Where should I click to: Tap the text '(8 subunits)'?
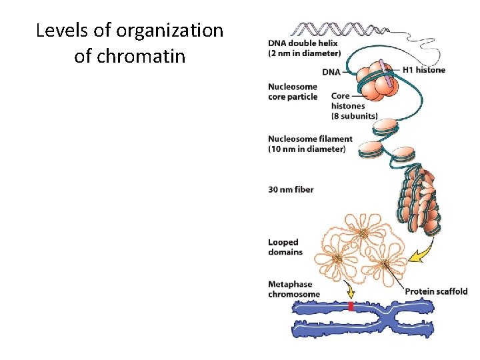[x=355, y=116]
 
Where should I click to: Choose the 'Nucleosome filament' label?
[x=310, y=139]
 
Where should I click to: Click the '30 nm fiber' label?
[x=291, y=189]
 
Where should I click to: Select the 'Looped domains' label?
[x=285, y=247]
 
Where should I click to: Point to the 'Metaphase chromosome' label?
[x=294, y=289]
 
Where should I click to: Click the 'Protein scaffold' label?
[x=437, y=291]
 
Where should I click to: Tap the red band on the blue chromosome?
[x=350, y=307]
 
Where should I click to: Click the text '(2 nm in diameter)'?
[x=305, y=53]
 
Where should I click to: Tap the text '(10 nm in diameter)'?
[x=307, y=149]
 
